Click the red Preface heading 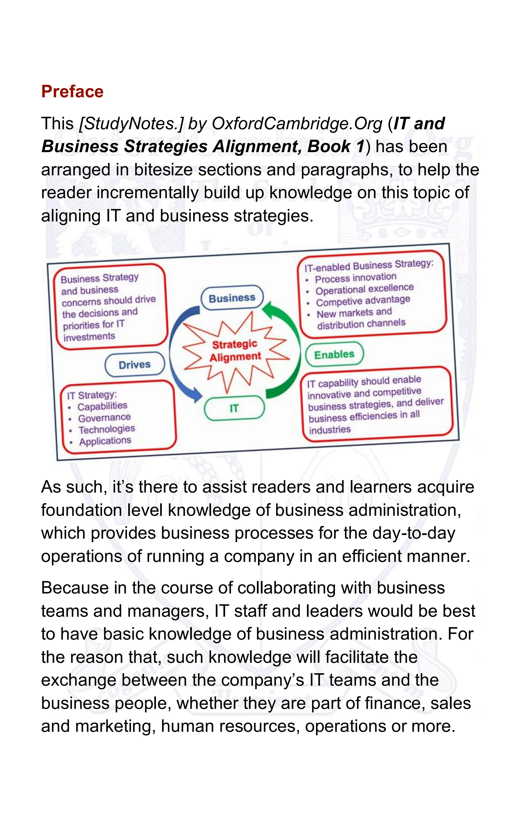tap(72, 92)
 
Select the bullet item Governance tap(104, 418)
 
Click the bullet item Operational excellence tap(364, 289)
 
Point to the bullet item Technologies tap(107, 429)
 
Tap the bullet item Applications tap(105, 441)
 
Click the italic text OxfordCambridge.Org tap(297, 124)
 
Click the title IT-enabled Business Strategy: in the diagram tap(369, 265)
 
